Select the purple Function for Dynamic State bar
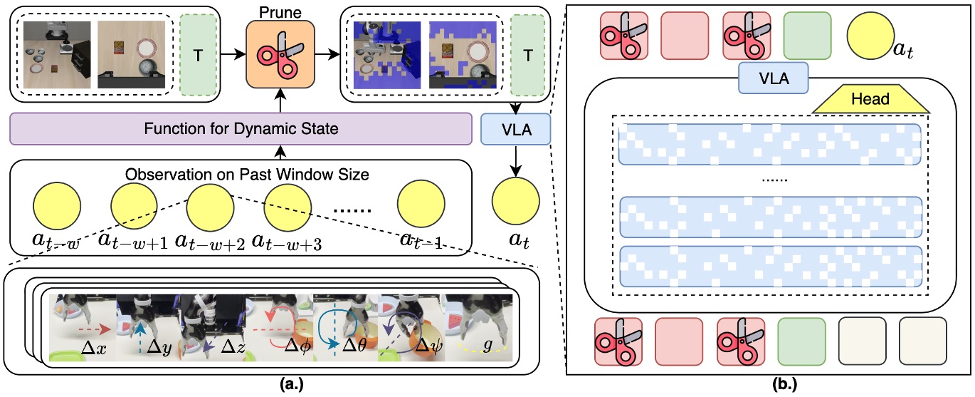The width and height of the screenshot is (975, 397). click(241, 130)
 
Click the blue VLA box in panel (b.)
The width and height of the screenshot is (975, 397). click(774, 77)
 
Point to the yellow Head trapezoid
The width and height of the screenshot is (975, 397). click(870, 99)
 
